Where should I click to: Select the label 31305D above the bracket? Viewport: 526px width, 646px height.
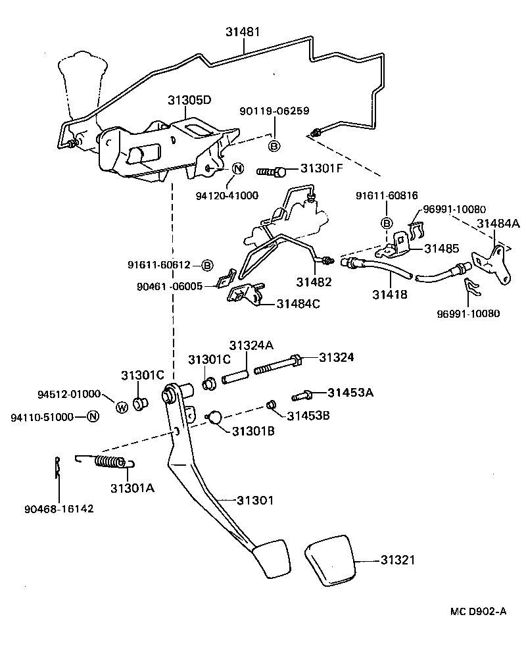[x=189, y=101]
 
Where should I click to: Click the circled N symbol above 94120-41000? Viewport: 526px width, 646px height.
[x=237, y=168]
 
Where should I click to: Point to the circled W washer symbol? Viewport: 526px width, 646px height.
[x=122, y=407]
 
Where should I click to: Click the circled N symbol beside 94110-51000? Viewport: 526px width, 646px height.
[x=93, y=416]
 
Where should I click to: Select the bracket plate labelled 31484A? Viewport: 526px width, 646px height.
[x=493, y=262]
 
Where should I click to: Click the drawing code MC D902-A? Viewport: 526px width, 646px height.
[x=478, y=611]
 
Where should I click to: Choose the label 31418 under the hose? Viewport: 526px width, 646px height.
[x=391, y=295]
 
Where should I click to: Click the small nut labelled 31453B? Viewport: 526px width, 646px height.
[x=270, y=403]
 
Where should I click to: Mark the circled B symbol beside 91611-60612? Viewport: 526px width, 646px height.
[x=206, y=265]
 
